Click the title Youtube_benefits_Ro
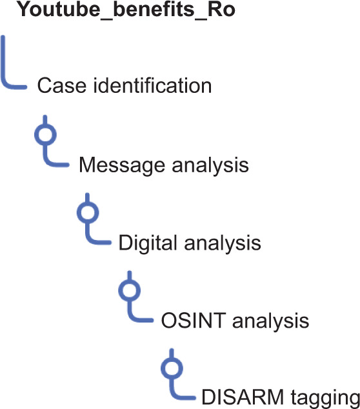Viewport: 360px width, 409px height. point(126,10)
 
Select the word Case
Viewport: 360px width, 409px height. point(61,86)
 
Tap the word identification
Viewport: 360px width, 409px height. point(153,85)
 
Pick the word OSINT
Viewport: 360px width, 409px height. point(194,321)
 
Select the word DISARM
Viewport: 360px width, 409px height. point(243,397)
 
